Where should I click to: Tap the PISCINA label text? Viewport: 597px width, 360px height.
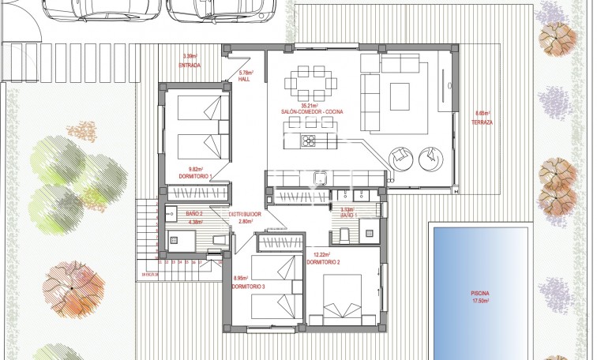pyautogui.click(x=481, y=294)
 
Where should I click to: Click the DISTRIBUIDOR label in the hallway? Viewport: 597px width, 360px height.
pyautogui.click(x=245, y=214)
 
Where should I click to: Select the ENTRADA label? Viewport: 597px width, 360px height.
pyautogui.click(x=190, y=65)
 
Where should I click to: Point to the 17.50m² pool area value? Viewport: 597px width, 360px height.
pyautogui.click(x=481, y=302)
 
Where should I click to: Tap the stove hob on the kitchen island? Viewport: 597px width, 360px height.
pyautogui.click(x=306, y=141)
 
